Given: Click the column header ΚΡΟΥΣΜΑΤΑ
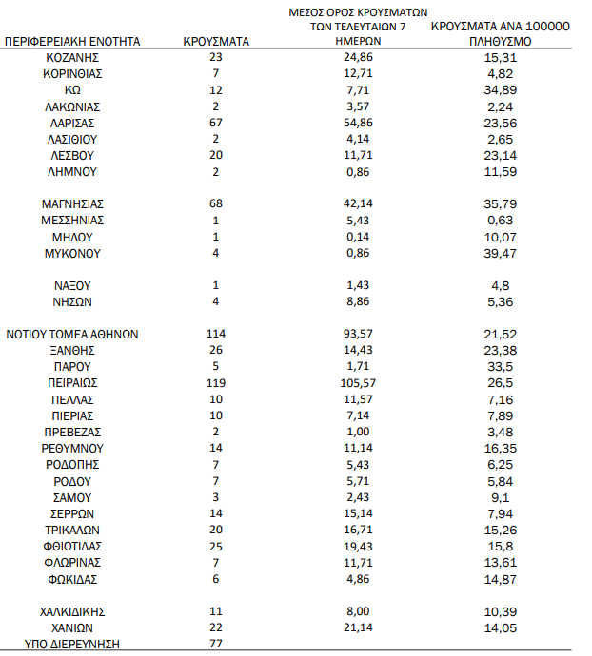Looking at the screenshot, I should (216, 42).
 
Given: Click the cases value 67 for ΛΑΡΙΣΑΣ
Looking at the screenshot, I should (216, 123).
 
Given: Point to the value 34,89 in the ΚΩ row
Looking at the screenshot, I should (501, 90).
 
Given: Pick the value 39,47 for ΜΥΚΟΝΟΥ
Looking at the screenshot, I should (501, 254).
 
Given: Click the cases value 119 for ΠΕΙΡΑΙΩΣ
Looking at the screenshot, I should (216, 383).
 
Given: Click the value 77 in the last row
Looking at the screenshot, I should (216, 644).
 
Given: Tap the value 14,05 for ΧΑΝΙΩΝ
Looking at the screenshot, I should (501, 627).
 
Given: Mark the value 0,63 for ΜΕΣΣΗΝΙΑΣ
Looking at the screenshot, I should (501, 221).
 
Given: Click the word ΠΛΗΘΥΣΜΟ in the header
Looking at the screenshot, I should (501, 43).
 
